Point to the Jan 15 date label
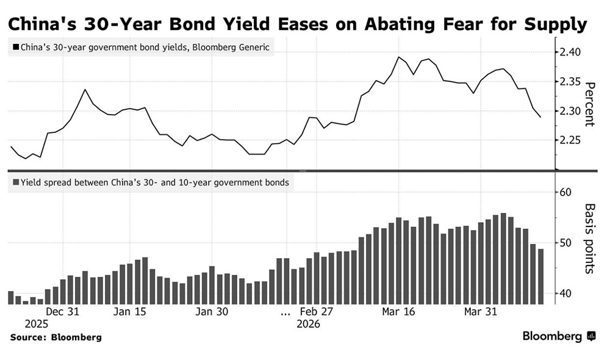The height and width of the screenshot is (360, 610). click(x=130, y=312)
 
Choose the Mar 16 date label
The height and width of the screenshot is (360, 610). click(x=398, y=312)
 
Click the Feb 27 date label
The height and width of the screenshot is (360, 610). click(x=318, y=312)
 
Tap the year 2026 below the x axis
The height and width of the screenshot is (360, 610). click(x=309, y=324)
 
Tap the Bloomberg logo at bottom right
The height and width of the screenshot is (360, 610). click(x=559, y=336)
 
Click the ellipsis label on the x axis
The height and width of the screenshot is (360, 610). click(x=285, y=312)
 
